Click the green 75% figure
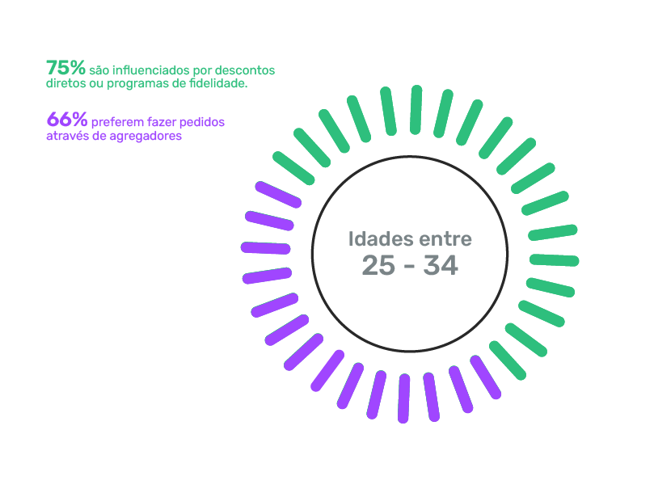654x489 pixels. tap(66, 68)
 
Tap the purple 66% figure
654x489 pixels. tap(67, 120)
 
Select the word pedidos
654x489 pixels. tap(202, 123)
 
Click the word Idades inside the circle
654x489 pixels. tap(381, 239)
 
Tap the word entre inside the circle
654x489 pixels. tap(445, 240)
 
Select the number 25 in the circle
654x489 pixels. tap(378, 266)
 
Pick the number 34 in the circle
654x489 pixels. tap(441, 266)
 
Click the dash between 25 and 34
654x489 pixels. tap(410, 268)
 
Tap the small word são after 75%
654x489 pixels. tap(99, 70)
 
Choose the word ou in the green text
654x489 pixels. tap(96, 84)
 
